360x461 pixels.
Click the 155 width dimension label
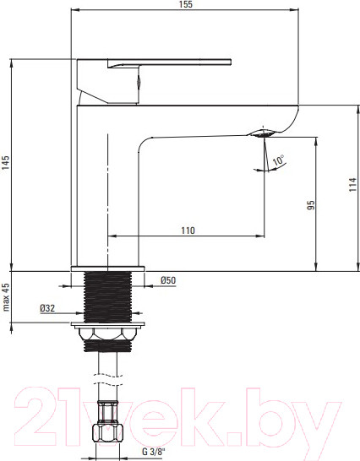[185, 4]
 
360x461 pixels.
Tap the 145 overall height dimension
[6, 163]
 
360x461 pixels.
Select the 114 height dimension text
[353, 185]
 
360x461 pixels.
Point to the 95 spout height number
[311, 205]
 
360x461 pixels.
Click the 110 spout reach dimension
[188, 230]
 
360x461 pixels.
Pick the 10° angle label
[279, 160]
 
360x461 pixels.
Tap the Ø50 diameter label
[168, 280]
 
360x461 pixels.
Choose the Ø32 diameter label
[47, 308]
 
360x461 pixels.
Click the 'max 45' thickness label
[6, 297]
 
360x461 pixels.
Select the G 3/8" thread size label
[154, 452]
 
